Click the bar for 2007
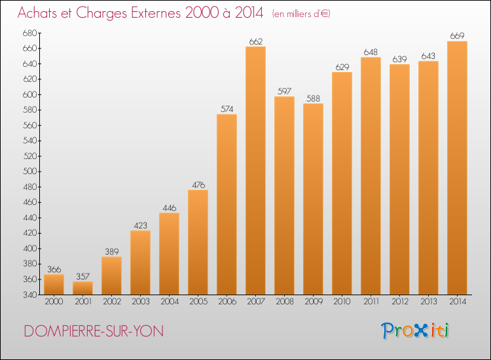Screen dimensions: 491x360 click(255, 171)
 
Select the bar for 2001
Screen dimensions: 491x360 click(82, 288)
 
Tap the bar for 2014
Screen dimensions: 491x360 click(457, 168)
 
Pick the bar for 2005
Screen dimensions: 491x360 click(198, 242)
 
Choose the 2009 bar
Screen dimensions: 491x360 click(313, 199)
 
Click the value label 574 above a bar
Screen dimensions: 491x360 click(227, 109)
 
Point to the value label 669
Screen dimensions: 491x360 click(457, 36)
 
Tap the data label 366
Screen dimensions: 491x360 click(54, 269)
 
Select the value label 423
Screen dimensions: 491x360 click(140, 225)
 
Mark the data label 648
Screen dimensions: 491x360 click(371, 52)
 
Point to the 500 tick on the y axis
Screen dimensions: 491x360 click(30, 171)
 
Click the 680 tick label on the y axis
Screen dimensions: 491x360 click(30, 33)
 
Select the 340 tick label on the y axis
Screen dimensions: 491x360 click(30, 295)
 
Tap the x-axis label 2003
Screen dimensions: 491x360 click(141, 302)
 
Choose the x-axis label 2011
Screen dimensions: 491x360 click(371, 302)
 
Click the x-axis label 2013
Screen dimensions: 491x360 click(429, 302)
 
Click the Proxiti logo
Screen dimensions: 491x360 click(415, 331)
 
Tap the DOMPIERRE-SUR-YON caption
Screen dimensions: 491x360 click(94, 331)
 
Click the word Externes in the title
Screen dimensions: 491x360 click(156, 12)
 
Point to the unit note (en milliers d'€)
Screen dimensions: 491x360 click(301, 14)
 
